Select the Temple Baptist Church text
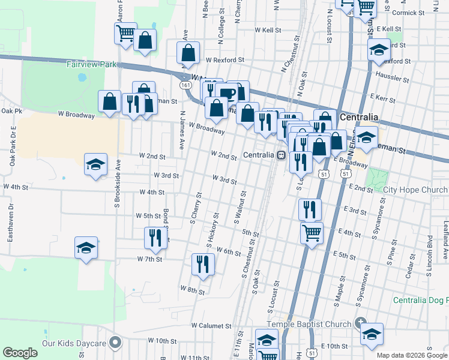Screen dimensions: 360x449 (309, 325)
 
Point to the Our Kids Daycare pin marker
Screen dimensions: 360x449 (116, 344)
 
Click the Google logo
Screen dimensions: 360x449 (20, 353)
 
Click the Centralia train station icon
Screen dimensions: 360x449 (280, 155)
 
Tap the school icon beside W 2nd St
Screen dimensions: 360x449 (95, 166)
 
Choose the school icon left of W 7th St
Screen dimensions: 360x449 (86, 247)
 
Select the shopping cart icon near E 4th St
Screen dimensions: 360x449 (312, 232)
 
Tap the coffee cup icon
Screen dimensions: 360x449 (228, 93)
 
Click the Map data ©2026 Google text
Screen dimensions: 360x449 (412, 355)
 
